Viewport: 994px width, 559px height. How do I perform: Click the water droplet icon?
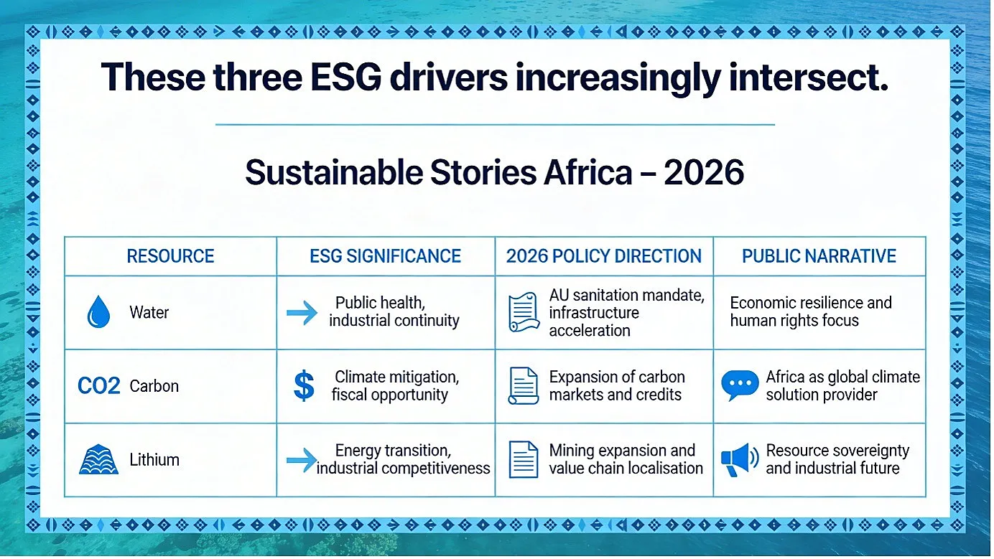98,311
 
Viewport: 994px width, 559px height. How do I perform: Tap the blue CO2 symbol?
98,385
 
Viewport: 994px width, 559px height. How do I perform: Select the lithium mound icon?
98,459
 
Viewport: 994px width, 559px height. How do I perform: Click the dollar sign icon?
304,385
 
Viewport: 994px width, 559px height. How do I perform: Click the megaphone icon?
740,460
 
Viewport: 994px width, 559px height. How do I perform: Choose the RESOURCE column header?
170,256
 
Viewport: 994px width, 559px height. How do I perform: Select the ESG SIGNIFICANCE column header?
385,256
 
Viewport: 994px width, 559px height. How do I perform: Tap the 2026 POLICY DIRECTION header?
604,256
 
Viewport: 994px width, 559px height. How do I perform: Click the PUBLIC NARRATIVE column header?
819,256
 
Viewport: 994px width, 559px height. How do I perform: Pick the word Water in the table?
149,313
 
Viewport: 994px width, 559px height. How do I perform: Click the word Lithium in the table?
154,460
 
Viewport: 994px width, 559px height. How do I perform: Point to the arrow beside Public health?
302,313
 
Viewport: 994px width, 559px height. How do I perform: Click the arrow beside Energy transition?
302,460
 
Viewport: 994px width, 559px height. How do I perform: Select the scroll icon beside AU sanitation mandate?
524,312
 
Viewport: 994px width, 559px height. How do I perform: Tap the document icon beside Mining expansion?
524,460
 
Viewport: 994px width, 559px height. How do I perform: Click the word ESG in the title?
345,77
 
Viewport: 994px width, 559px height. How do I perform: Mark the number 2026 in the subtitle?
704,172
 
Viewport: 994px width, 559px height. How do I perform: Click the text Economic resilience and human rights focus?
811,311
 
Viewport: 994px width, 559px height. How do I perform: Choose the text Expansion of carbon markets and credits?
617,385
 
